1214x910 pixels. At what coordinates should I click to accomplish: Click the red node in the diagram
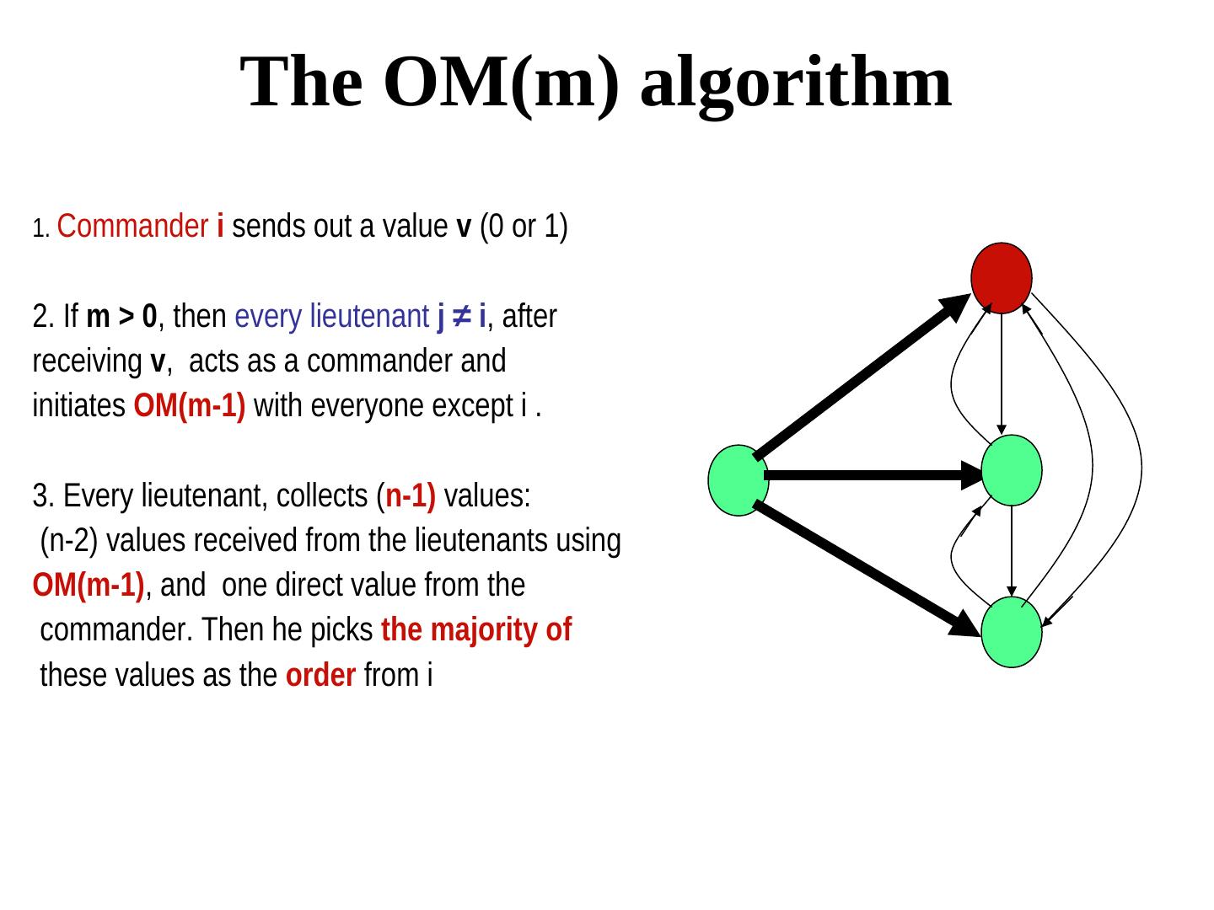pyautogui.click(x=1002, y=277)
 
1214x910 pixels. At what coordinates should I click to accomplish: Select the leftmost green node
pyautogui.click(x=739, y=479)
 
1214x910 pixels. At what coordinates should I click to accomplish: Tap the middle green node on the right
pyautogui.click(x=1012, y=470)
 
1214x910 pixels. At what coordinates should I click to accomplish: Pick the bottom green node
pyautogui.click(x=1012, y=632)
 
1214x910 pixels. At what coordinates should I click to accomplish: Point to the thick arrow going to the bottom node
pyautogui.click(x=868, y=568)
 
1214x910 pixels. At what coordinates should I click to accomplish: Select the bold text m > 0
pyautogui.click(x=121, y=317)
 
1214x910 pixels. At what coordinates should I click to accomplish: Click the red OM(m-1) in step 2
pyautogui.click(x=190, y=406)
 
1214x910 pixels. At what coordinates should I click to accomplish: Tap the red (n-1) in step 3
pyautogui.click(x=411, y=496)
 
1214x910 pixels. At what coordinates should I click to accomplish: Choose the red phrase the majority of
pyautogui.click(x=476, y=629)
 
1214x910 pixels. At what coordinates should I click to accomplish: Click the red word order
pyautogui.click(x=320, y=675)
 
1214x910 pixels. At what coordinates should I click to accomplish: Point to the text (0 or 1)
pyautogui.click(x=524, y=227)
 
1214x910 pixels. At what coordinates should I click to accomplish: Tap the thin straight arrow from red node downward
pyautogui.click(x=1001, y=371)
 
